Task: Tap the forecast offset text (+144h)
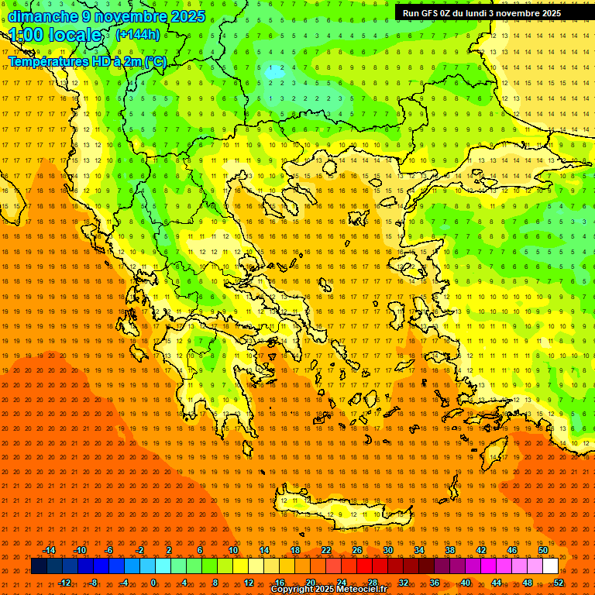(x=137, y=34)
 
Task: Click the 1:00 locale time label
(x=55, y=35)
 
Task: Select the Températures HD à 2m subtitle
(x=87, y=61)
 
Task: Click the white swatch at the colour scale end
(x=550, y=566)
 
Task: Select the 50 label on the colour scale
(x=542, y=550)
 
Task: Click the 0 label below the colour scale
(x=153, y=583)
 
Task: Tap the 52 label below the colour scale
(x=559, y=583)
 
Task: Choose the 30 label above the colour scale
(x=387, y=550)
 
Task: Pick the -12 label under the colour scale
(x=65, y=583)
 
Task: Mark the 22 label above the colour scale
(x=325, y=550)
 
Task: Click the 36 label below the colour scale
(x=435, y=583)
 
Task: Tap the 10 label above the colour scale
(x=232, y=550)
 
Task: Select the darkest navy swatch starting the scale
(x=39, y=566)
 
